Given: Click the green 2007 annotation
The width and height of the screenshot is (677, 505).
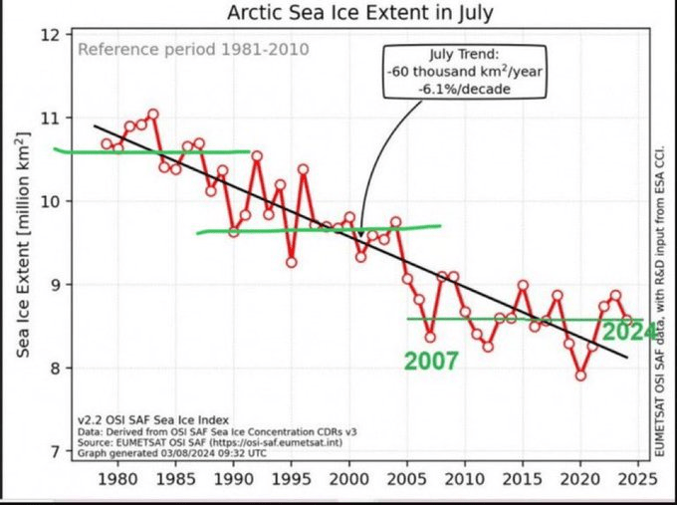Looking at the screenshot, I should pos(431,362).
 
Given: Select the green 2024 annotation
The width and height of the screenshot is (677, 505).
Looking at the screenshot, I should pos(629,332).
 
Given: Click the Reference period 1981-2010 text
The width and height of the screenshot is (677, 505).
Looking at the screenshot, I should pos(193,50).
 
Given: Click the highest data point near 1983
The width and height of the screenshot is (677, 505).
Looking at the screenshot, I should pos(153,114).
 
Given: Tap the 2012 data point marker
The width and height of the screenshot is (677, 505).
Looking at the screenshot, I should pos(488,347).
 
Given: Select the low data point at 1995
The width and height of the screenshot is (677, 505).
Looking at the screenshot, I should pos(291,262).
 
